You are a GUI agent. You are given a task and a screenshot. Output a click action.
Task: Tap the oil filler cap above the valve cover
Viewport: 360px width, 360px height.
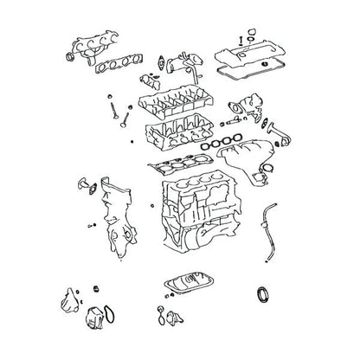click(x=250, y=35)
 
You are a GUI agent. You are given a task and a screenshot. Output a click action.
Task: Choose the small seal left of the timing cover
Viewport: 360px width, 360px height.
click(x=83, y=189)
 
